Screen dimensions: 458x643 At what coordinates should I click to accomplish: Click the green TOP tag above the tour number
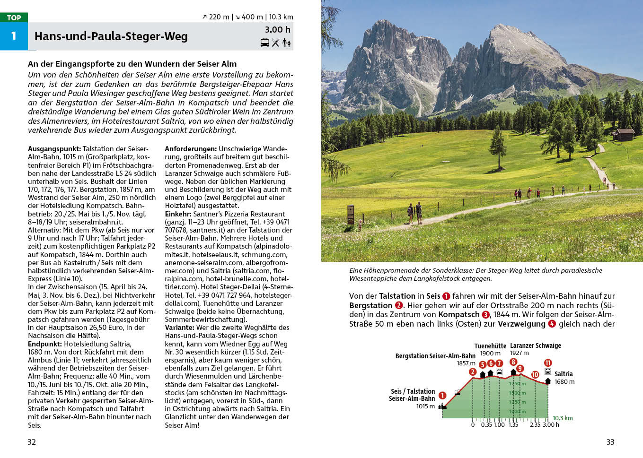14,17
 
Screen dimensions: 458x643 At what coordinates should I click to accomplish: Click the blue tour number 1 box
14,36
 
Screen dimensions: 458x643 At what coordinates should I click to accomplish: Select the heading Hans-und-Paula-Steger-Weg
111,36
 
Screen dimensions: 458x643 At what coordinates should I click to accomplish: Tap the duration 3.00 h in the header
277,30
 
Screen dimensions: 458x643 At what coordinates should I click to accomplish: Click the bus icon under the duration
265,43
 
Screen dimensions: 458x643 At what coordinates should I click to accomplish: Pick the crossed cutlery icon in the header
275,43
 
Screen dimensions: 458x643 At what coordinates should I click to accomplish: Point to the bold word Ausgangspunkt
54,149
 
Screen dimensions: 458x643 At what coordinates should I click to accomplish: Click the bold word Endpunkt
45,344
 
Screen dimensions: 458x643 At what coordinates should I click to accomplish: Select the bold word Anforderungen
191,149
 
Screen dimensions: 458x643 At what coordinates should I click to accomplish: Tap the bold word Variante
179,328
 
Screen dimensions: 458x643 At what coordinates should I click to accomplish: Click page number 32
32,442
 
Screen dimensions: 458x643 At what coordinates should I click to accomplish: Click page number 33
610,442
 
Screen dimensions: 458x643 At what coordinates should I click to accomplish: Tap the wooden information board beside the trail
351,215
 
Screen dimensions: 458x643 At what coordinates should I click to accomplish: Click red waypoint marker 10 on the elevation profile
535,374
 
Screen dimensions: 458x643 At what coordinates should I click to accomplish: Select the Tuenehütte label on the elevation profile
490,346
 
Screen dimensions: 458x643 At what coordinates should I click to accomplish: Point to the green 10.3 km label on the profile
563,418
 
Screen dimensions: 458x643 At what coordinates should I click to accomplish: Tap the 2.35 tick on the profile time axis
535,425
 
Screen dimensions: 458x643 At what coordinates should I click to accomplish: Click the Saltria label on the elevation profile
564,374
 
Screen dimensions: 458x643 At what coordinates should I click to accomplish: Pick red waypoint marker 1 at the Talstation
442,395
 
